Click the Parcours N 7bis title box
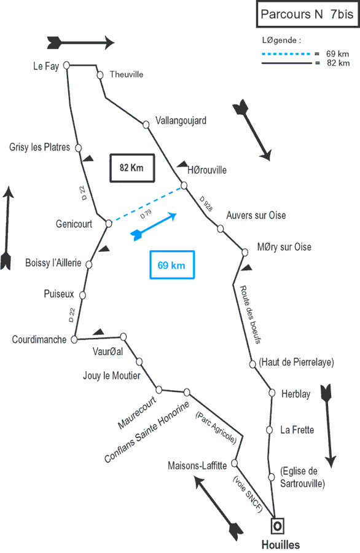point(307,15)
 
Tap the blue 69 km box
point(172,265)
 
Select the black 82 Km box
point(132,168)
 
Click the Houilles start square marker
point(278,526)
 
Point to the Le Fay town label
point(46,66)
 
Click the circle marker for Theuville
point(100,75)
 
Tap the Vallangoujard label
point(181,120)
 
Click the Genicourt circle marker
point(109,224)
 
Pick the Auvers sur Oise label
point(256,215)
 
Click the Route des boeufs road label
point(251,315)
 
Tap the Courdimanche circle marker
point(74,339)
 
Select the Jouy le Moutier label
point(111,375)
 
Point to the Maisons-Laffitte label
point(197,466)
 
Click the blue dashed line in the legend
point(286,54)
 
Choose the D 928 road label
point(206,204)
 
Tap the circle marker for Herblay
point(272,393)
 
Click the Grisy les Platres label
point(39,147)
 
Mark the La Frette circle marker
point(269,430)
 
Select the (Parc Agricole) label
point(216,428)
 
